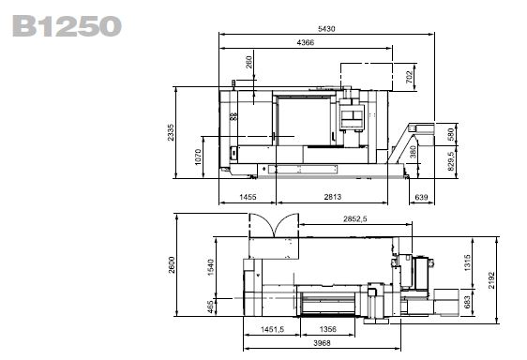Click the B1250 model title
(x=67, y=26)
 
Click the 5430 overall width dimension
(x=326, y=29)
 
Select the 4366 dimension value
(x=306, y=43)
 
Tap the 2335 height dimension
(x=171, y=132)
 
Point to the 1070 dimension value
(x=198, y=157)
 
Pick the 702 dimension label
(x=409, y=77)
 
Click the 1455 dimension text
(x=248, y=197)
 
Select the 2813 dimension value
(x=332, y=197)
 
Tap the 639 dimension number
(x=421, y=197)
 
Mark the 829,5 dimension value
(x=451, y=161)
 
